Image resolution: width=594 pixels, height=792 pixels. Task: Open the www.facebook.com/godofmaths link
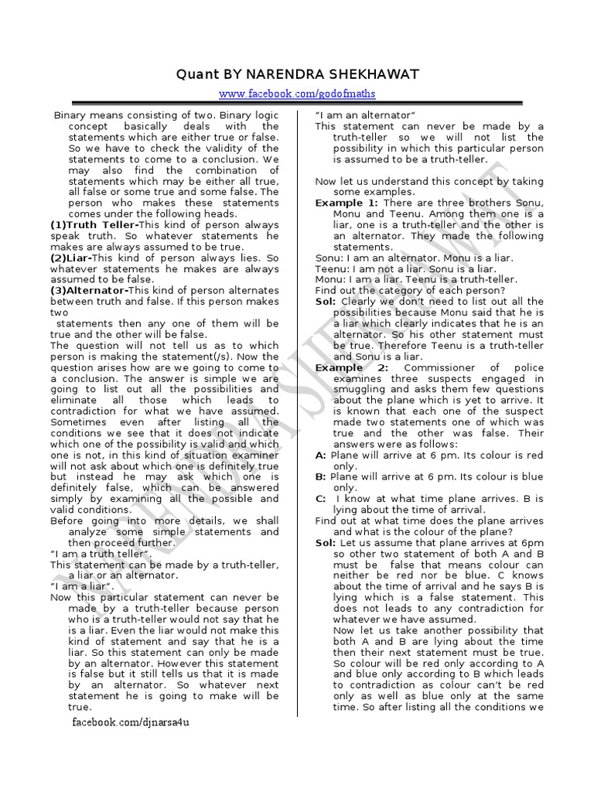coord(297,94)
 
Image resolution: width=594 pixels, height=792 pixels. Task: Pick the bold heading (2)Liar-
coord(72,258)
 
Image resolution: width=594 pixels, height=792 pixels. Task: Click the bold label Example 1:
coord(344,203)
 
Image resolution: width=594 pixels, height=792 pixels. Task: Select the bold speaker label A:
coord(320,456)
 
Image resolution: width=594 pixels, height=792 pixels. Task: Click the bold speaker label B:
coord(320,477)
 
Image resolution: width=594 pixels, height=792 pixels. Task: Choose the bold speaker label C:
coord(320,499)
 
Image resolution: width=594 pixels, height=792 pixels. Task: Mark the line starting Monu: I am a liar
coord(416,279)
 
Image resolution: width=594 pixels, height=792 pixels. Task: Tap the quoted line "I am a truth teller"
coord(101,554)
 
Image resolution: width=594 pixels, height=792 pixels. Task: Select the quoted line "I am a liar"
coord(82,586)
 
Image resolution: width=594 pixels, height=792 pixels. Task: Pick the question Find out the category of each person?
coord(407,290)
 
